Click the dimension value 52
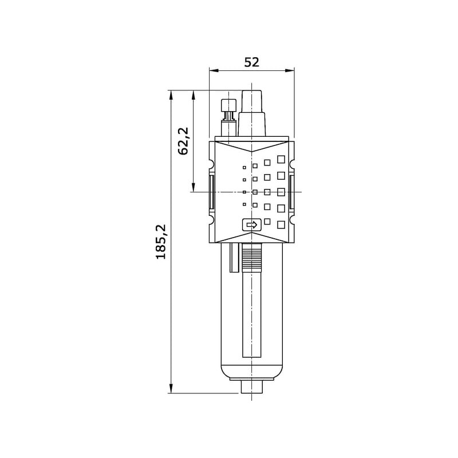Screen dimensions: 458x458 coord(251,62)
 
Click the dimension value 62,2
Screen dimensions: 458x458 coord(184,141)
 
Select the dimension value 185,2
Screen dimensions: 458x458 coord(161,242)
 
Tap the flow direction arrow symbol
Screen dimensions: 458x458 coord(252,224)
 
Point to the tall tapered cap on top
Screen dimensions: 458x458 coord(252,113)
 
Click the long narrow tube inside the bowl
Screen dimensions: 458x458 coord(252,315)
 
